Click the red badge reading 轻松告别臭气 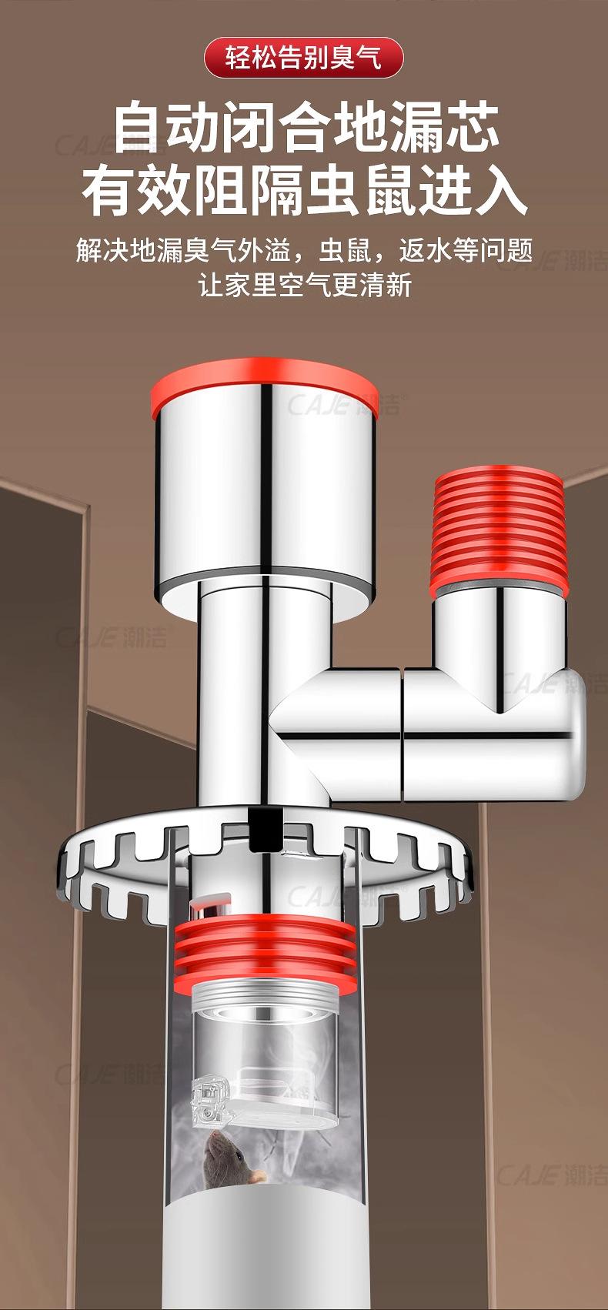coord(303,58)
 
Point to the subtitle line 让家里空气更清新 coord(305,286)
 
